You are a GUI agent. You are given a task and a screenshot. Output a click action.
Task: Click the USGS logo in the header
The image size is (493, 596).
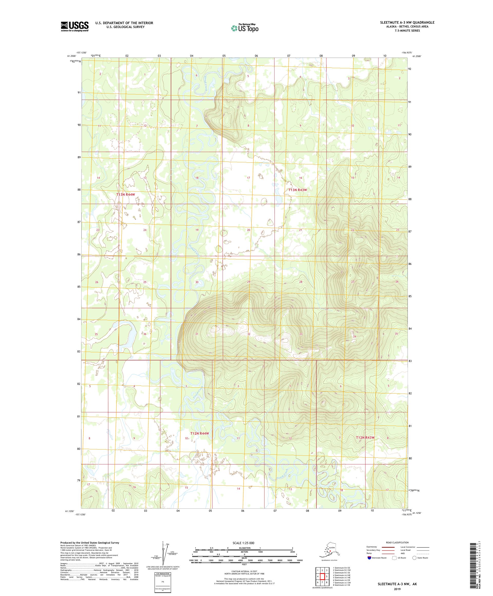point(74,26)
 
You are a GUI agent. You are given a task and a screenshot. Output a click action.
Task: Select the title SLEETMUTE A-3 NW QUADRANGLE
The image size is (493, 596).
point(407,22)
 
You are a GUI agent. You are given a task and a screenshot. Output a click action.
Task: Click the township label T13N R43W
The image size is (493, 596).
point(298,190)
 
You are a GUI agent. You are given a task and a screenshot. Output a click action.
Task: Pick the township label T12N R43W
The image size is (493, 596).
point(365,437)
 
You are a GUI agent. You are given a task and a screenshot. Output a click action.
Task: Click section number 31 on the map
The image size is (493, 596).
point(197,334)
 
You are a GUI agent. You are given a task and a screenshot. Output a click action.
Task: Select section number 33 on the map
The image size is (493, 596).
point(301,334)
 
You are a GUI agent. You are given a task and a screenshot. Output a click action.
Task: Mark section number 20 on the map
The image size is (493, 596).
point(249,230)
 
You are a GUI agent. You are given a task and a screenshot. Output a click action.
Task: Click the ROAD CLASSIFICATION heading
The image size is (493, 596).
point(397,542)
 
